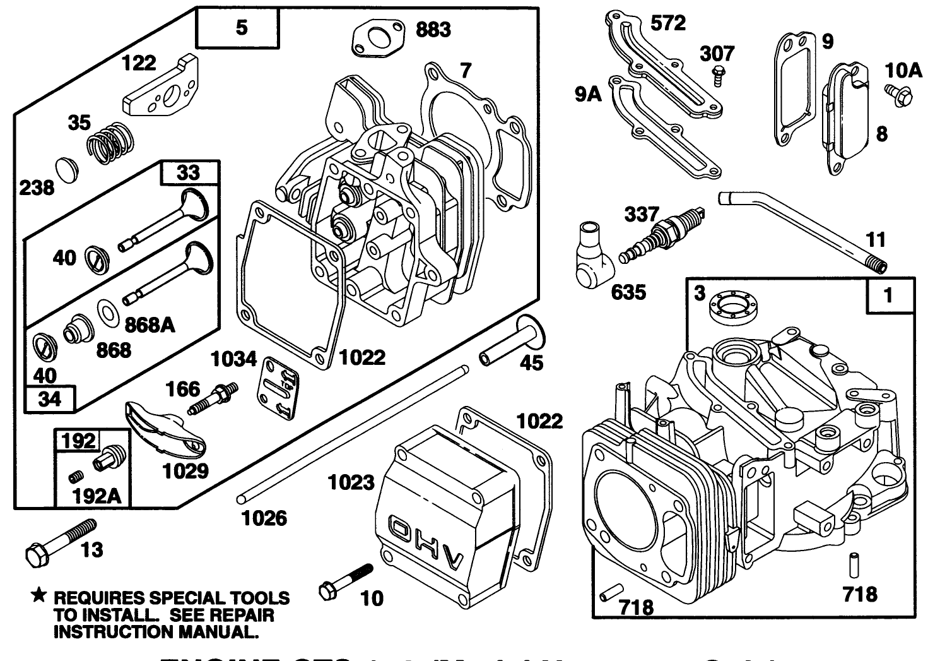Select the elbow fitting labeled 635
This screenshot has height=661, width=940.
(596, 253)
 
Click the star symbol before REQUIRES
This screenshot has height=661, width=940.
(39, 595)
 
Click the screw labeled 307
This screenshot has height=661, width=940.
(717, 74)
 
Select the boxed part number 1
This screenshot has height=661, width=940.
(889, 295)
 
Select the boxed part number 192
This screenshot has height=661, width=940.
(79, 440)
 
